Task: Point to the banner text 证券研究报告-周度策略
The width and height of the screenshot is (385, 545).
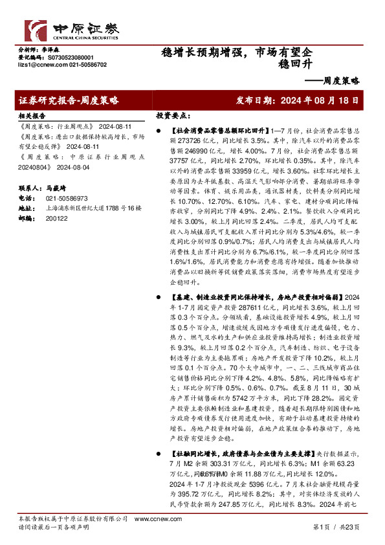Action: coord(69,101)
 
